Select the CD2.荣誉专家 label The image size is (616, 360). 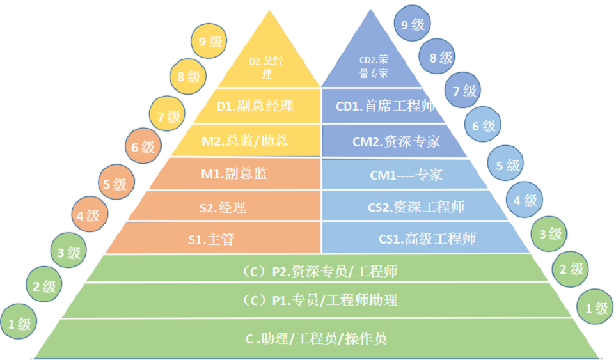click(374, 67)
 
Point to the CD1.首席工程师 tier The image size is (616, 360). click(385, 106)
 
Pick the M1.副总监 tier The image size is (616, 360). click(234, 173)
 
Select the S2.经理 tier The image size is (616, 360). click(223, 207)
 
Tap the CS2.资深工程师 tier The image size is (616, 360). click(416, 207)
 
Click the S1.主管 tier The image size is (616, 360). click(211, 239)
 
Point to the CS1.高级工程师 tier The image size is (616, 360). click(427, 239)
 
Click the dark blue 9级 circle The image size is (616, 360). click(413, 26)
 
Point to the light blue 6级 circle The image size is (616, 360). click(484, 126)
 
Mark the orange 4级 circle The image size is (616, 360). click(88, 215)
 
